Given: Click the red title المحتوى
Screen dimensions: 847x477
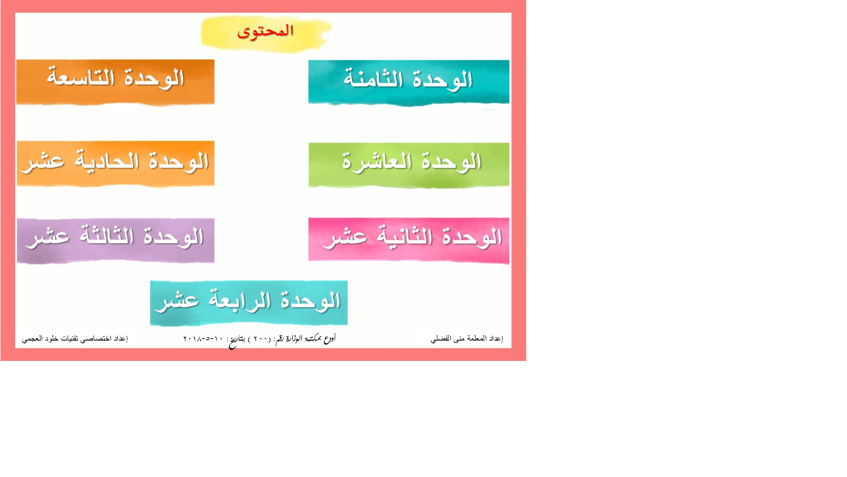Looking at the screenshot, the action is point(265,31).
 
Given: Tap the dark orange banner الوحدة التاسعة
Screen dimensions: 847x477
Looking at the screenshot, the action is point(115,82).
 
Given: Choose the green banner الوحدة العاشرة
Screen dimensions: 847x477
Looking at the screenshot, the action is point(409,165).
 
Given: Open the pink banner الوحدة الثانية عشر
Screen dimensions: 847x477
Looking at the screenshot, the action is point(409,241).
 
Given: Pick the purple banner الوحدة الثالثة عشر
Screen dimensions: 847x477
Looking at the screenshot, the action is point(115,241).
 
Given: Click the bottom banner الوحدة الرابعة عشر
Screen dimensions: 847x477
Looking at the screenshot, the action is point(249,303).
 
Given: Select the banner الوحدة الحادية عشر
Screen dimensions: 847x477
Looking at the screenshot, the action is point(115,164).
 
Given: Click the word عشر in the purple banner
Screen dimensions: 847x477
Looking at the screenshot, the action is point(47,238).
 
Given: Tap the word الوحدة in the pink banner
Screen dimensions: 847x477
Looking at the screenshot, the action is point(471,238).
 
